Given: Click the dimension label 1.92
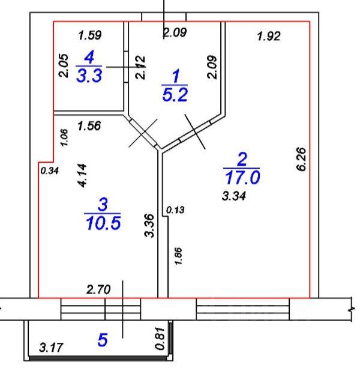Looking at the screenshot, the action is tap(268, 37).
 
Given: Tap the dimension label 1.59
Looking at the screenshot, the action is tap(91, 35).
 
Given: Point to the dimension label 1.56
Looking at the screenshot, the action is tap(89, 126).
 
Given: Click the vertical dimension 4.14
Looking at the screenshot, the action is tap(83, 176).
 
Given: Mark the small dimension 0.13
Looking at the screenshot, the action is tap(175, 210).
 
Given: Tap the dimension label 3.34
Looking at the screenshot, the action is tap(235, 195).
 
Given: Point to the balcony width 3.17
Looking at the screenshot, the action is tap(51, 347).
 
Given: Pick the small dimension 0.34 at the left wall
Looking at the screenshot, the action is tap(49, 170).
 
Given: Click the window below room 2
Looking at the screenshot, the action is tap(243, 310).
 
